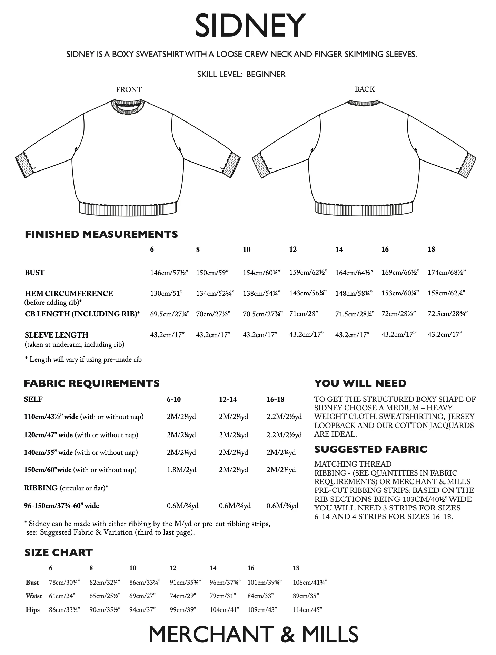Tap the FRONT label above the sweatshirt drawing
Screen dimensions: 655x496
(x=129, y=90)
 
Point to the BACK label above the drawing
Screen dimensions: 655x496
(x=365, y=89)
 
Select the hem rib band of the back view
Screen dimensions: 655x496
(x=364, y=208)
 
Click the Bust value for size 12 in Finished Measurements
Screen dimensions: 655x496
(x=308, y=272)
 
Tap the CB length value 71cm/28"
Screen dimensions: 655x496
(x=304, y=314)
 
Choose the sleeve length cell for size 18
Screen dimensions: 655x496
(x=445, y=334)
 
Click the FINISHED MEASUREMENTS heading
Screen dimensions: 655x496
(x=101, y=234)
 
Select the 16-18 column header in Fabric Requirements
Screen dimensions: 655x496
(x=275, y=399)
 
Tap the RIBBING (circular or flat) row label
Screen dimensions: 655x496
(x=66, y=488)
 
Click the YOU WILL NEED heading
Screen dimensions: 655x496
(x=360, y=383)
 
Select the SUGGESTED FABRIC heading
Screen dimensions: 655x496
(x=370, y=449)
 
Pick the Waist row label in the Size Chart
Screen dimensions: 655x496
(x=34, y=596)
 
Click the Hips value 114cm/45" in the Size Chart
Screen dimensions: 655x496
(x=307, y=610)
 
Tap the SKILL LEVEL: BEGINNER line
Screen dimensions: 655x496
(x=241, y=74)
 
